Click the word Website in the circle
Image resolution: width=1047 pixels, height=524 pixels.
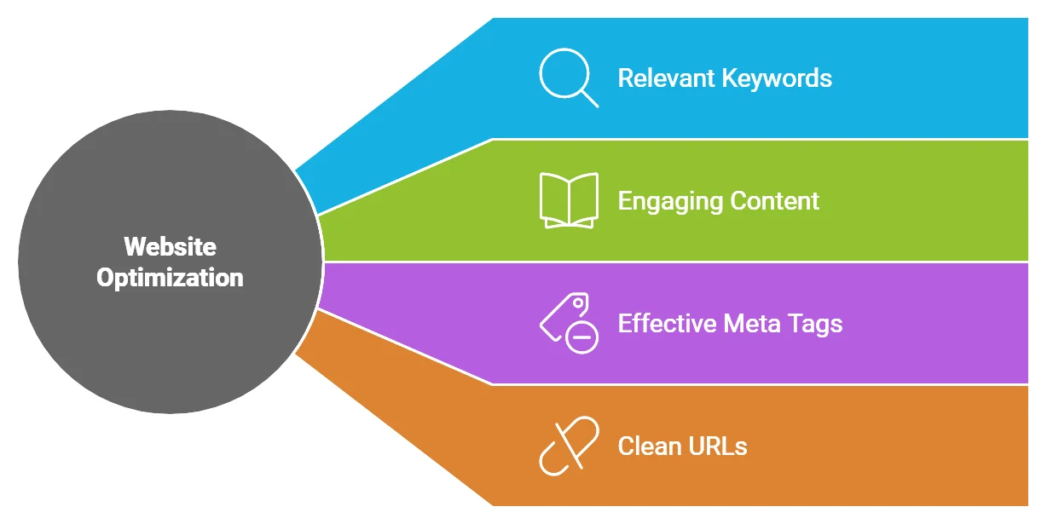[x=171, y=246]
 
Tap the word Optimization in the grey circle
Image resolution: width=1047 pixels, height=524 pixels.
[x=171, y=278]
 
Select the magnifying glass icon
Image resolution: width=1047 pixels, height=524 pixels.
[x=569, y=78]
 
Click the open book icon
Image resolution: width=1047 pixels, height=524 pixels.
[x=569, y=200]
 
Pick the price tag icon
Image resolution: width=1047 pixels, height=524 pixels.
[x=569, y=323]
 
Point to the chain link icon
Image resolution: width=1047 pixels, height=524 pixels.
[x=569, y=446]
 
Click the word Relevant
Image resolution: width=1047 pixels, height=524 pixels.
[x=666, y=78]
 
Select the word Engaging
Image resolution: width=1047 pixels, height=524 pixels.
[x=670, y=202]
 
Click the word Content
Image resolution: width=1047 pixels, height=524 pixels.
[x=774, y=201]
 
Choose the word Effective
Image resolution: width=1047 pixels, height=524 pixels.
[x=667, y=323]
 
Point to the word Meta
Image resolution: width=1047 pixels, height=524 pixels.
[x=752, y=324]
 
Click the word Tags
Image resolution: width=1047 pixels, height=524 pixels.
[x=815, y=325]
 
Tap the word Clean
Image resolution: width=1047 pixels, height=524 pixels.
[x=649, y=446]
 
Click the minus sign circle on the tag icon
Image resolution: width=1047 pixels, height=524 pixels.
[x=581, y=337]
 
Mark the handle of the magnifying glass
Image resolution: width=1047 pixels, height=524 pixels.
[x=590, y=99]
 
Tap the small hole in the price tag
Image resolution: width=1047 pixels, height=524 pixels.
[x=578, y=302]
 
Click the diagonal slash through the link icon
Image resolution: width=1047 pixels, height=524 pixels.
[x=569, y=446]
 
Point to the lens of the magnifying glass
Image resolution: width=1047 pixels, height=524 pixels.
[x=564, y=73]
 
